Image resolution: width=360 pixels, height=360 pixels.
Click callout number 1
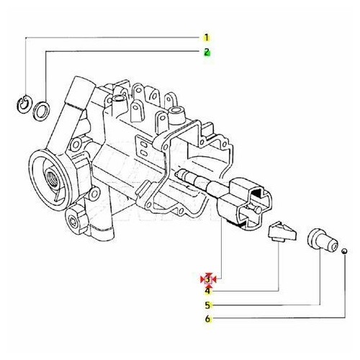pos(207,37)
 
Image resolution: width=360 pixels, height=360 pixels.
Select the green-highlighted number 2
pos(207,52)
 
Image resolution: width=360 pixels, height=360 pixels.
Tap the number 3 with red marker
pos(208,279)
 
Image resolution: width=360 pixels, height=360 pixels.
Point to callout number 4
pos(207,291)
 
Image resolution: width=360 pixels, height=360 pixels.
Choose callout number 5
pos(207,305)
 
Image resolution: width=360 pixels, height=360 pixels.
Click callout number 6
pos(207,319)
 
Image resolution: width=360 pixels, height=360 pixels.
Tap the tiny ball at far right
pos(345,251)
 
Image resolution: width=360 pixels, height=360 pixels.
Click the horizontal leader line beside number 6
pos(274,319)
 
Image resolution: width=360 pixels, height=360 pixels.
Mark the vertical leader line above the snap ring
pos(25,65)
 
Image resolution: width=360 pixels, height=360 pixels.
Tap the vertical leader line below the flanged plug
pos(320,281)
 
